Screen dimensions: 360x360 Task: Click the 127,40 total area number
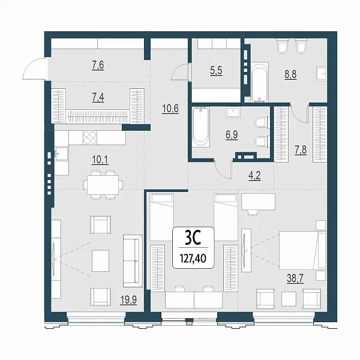click(x=193, y=259)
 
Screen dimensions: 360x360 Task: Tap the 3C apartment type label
click(x=193, y=239)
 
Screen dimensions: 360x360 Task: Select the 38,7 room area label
click(x=295, y=279)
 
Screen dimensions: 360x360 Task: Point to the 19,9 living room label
click(x=128, y=300)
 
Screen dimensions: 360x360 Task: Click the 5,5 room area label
click(x=216, y=71)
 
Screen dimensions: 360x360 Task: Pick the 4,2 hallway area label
click(x=254, y=176)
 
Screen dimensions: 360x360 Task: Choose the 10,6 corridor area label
click(x=170, y=109)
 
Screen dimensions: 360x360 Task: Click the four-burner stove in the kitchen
click(x=90, y=137)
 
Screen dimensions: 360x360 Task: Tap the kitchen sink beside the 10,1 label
click(x=61, y=154)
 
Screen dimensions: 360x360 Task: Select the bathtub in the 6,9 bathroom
click(x=201, y=127)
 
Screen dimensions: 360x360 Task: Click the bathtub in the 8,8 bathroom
click(x=260, y=82)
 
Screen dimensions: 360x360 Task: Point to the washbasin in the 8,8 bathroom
click(x=322, y=74)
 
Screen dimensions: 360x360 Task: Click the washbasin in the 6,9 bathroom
click(x=233, y=113)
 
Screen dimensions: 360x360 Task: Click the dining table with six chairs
click(x=103, y=184)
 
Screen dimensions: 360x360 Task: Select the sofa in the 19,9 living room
click(x=133, y=261)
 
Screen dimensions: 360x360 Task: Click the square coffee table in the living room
click(x=101, y=260)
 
